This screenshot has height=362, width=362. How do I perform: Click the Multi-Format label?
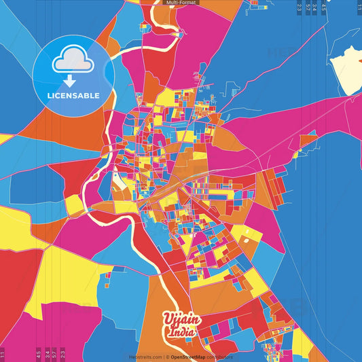coord(181,3)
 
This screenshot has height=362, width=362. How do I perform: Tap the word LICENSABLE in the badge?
coord(73,95)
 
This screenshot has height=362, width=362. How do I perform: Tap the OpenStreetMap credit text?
coord(192,357)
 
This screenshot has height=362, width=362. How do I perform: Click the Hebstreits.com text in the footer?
coord(144,357)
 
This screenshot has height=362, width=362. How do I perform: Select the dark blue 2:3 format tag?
coord(300,8)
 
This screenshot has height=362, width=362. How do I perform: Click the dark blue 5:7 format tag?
coord(308,8)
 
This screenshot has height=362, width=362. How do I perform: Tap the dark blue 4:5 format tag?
coord(324,8)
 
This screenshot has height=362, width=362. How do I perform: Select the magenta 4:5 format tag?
coord(39,354)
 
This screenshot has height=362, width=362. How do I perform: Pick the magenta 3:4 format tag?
coord(46,354)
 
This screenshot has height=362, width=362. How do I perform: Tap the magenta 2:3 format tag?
coord(63,354)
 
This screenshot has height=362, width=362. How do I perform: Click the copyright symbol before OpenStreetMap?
coord(166,357)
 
